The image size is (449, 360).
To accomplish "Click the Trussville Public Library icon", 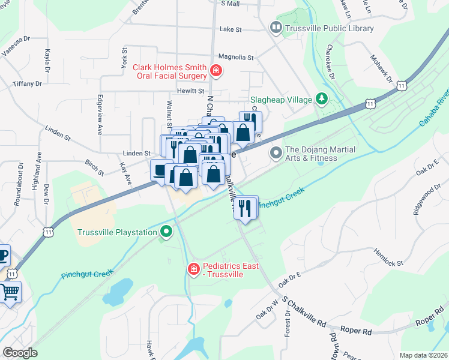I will click(276, 28).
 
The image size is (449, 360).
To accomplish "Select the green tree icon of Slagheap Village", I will click(322, 98).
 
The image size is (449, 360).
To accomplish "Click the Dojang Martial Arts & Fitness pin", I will click(276, 154).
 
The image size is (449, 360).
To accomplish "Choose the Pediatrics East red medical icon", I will click(193, 269).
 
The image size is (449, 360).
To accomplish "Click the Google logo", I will click(20, 352).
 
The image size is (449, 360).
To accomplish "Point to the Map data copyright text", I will click(423, 355).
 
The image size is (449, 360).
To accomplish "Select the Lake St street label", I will click(231, 29).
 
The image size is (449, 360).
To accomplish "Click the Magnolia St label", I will click(236, 58).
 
